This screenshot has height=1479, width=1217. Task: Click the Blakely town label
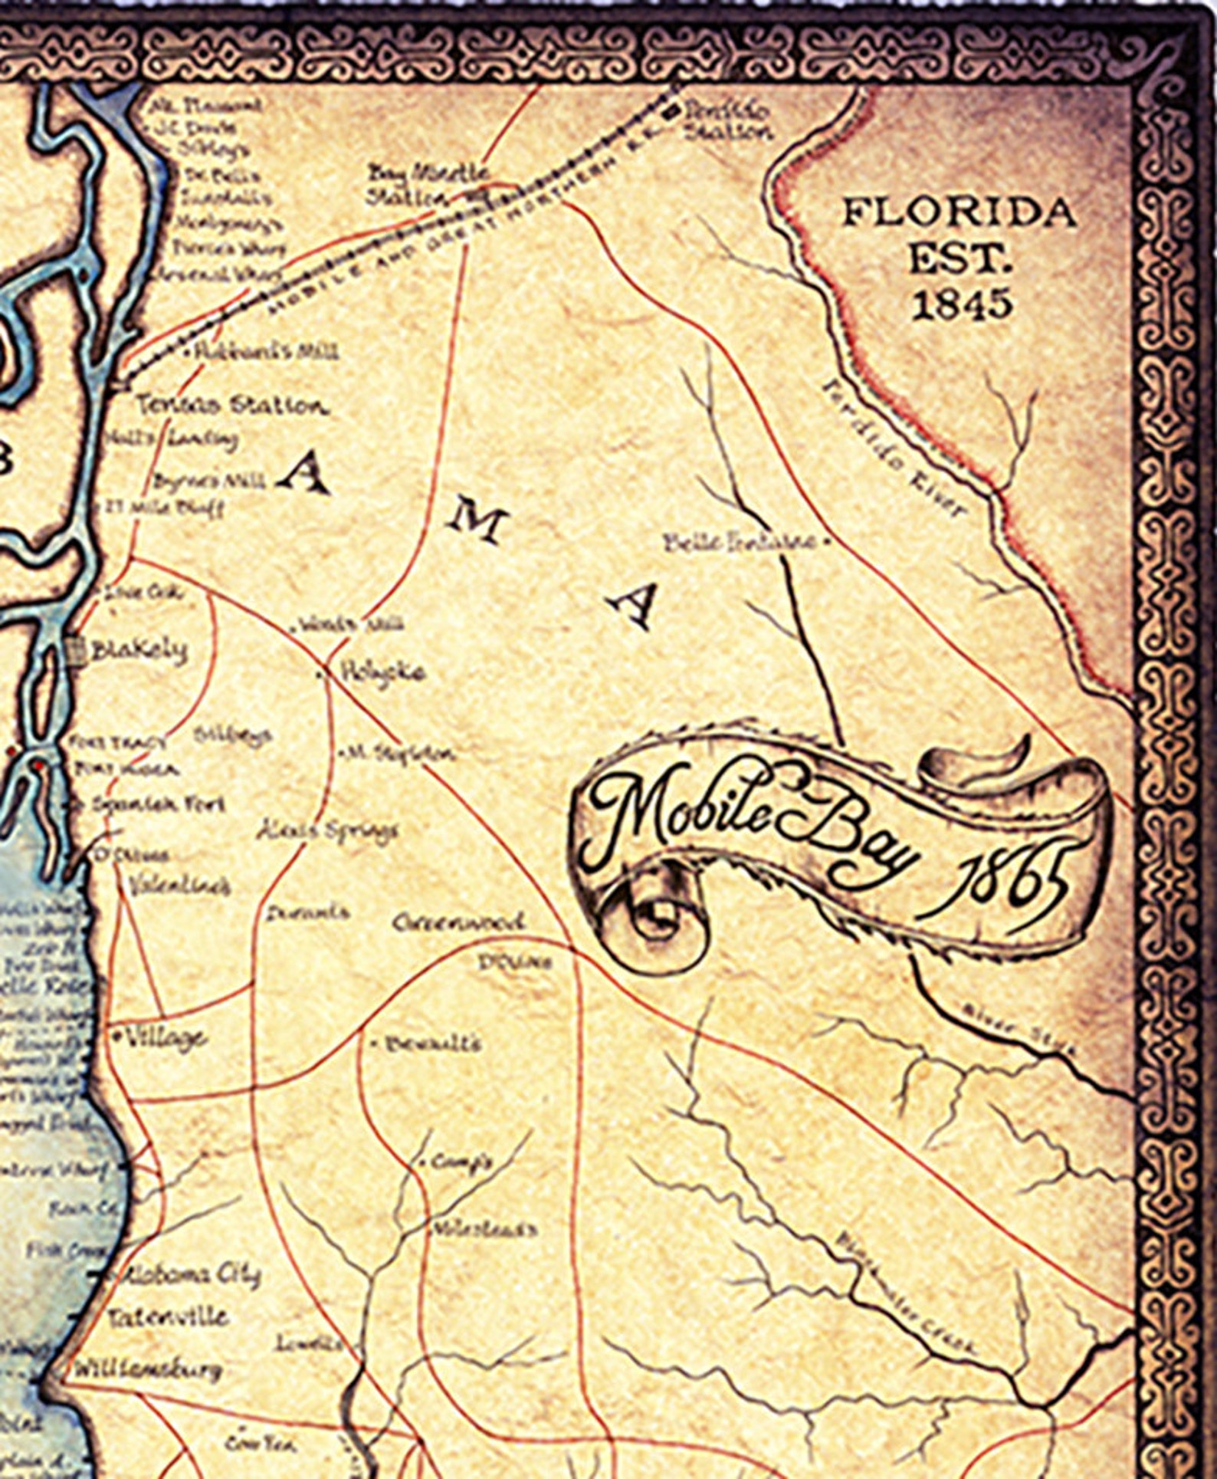point(138,651)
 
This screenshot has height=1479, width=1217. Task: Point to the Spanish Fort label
point(157,804)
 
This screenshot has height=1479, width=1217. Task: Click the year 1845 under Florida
point(962,305)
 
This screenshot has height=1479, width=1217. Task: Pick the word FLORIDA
point(959,212)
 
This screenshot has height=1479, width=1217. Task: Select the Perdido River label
point(893,449)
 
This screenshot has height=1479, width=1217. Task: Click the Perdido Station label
point(728,121)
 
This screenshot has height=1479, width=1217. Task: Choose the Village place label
point(165,1038)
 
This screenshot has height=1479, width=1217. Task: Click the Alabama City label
point(192,1274)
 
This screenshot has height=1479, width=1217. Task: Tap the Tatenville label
point(169,1317)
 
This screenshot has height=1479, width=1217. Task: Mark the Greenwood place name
point(458,922)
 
